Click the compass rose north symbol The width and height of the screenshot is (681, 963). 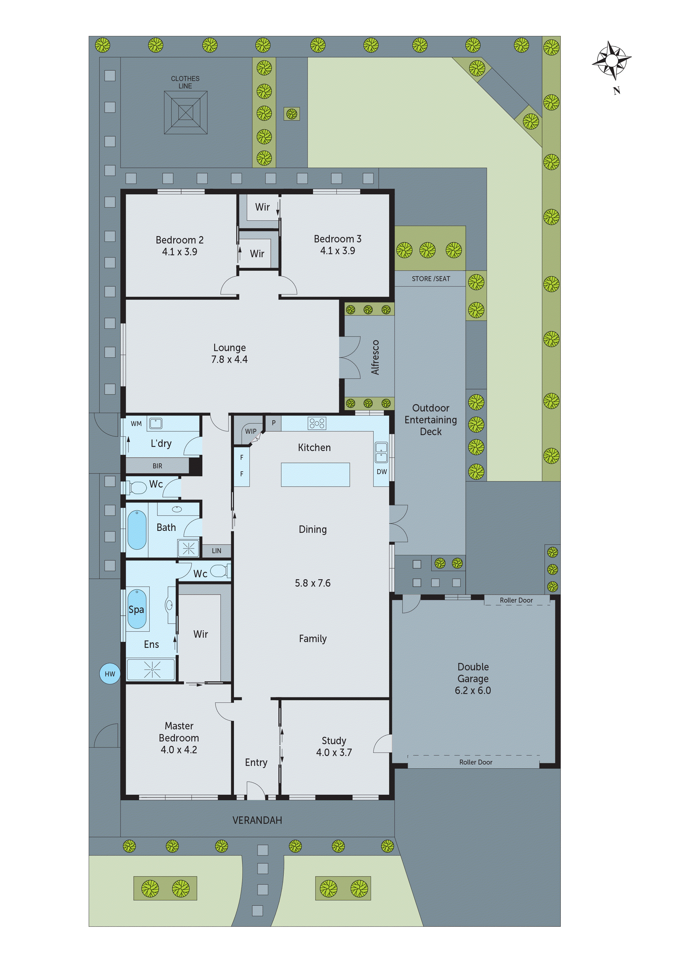611,61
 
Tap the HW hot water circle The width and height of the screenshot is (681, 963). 110,674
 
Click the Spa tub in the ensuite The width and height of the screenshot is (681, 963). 136,609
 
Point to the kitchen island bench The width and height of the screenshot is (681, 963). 315,474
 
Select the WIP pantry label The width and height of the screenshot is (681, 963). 250,431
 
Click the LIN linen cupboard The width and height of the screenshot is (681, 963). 216,551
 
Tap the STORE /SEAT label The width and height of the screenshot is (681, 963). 431,279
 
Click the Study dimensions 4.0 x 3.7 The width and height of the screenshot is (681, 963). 334,752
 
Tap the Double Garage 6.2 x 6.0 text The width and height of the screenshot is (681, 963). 473,678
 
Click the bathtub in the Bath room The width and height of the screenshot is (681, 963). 137,529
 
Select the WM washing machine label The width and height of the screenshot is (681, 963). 136,424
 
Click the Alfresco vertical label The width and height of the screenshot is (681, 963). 375,357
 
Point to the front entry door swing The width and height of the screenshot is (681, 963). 256,791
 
